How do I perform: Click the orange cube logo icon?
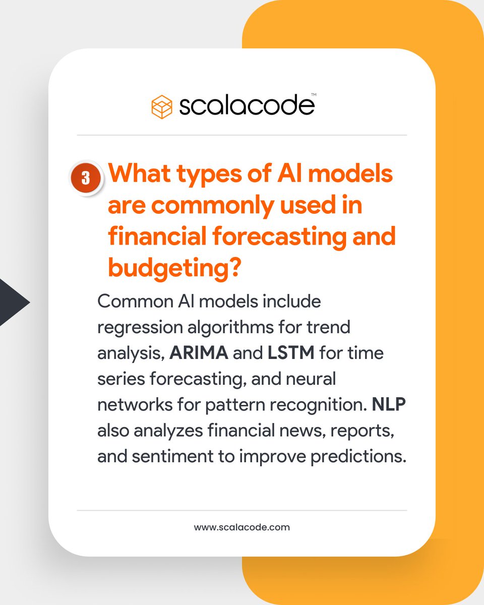162,106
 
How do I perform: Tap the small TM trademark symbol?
313,94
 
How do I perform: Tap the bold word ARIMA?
199,352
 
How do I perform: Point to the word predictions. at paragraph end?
353,457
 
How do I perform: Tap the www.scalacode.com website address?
241,527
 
